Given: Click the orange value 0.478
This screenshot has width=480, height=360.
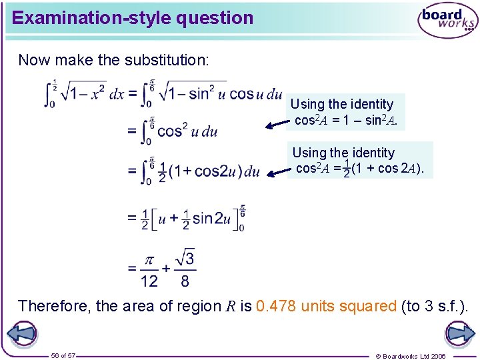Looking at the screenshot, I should [x=276, y=306].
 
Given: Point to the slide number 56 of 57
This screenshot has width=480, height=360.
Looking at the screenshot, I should [x=63, y=355].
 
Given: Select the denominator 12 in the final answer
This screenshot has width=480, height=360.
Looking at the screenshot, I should [x=149, y=281].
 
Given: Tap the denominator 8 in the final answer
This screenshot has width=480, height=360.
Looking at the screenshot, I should [x=185, y=281].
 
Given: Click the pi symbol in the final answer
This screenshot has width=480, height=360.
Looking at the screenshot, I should [x=150, y=258].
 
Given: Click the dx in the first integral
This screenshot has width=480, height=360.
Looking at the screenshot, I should [x=116, y=94].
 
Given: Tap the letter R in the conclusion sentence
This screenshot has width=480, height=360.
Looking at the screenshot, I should [x=228, y=307].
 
